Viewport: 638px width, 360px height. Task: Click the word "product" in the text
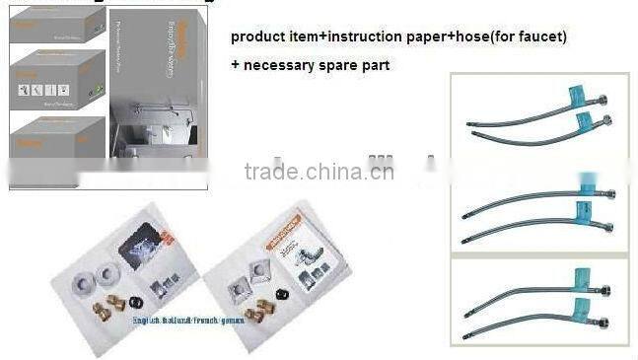[259, 37]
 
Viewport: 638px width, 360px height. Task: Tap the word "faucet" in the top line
[537, 37]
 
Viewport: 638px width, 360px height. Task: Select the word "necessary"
[283, 65]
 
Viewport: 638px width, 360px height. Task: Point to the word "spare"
[348, 65]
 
